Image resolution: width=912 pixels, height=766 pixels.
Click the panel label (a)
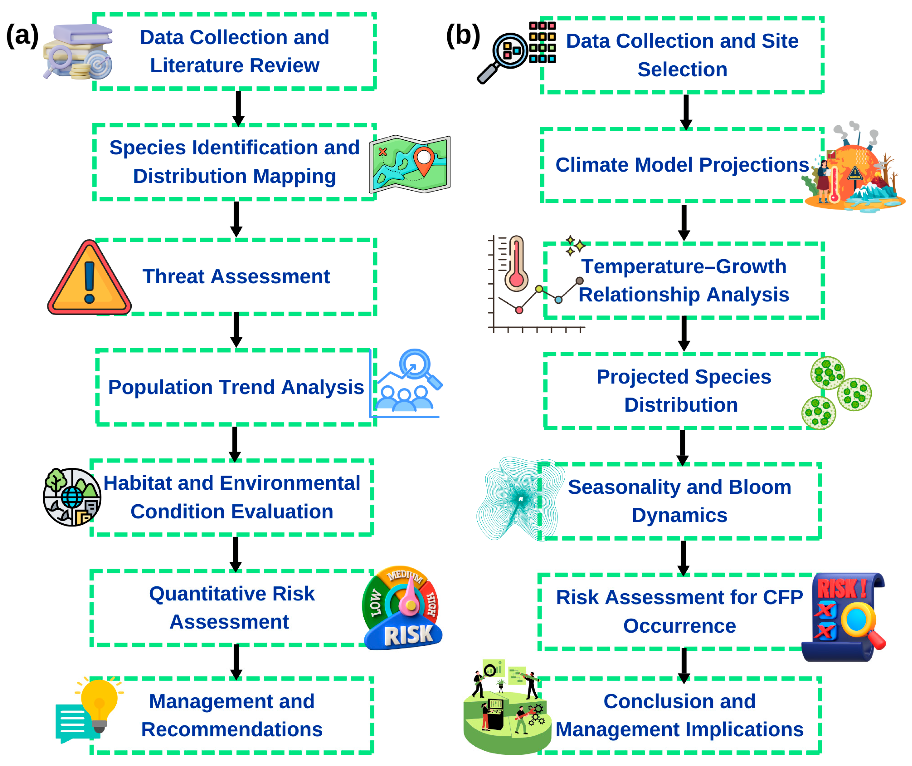click(22, 36)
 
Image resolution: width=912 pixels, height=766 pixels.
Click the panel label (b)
click(463, 36)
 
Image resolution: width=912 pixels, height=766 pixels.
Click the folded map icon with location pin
click(410, 164)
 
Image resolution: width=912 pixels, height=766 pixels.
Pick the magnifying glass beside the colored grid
click(504, 56)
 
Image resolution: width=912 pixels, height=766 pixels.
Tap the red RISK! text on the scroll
click(842, 589)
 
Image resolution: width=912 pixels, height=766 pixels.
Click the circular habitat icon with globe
click(72, 497)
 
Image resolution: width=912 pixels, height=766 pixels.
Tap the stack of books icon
click(78, 51)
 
